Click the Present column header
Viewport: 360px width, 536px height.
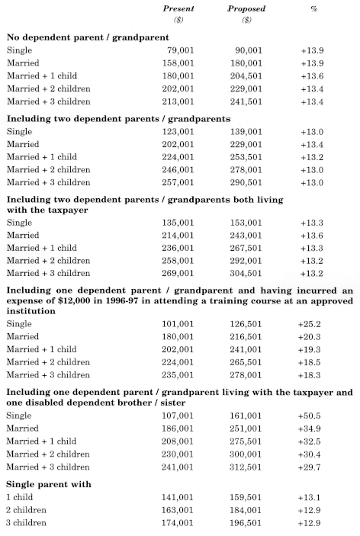pyautogui.click(x=178, y=8)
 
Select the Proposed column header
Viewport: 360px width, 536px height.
pyautogui.click(x=246, y=8)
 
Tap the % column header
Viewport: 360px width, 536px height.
pyautogui.click(x=313, y=9)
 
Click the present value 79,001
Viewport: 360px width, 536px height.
pyautogui.click(x=181, y=50)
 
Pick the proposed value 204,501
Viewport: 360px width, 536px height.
pyautogui.click(x=246, y=76)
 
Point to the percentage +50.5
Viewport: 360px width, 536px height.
pyautogui.click(x=309, y=416)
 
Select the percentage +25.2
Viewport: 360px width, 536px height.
pyautogui.click(x=309, y=324)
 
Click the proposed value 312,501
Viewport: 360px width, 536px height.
pyautogui.click(x=246, y=467)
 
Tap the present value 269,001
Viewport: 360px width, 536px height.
pyautogui.click(x=178, y=274)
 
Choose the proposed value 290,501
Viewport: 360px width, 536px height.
pyautogui.click(x=246, y=182)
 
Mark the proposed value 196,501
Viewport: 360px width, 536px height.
pyautogui.click(x=245, y=523)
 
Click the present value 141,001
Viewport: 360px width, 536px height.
pyautogui.click(x=177, y=497)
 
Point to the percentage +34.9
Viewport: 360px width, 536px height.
pyautogui.click(x=309, y=428)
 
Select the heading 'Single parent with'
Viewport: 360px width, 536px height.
pyautogui.click(x=49, y=484)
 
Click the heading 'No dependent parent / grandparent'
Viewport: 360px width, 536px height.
pyautogui.click(x=88, y=37)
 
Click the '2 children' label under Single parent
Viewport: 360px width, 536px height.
pyautogui.click(x=26, y=510)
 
